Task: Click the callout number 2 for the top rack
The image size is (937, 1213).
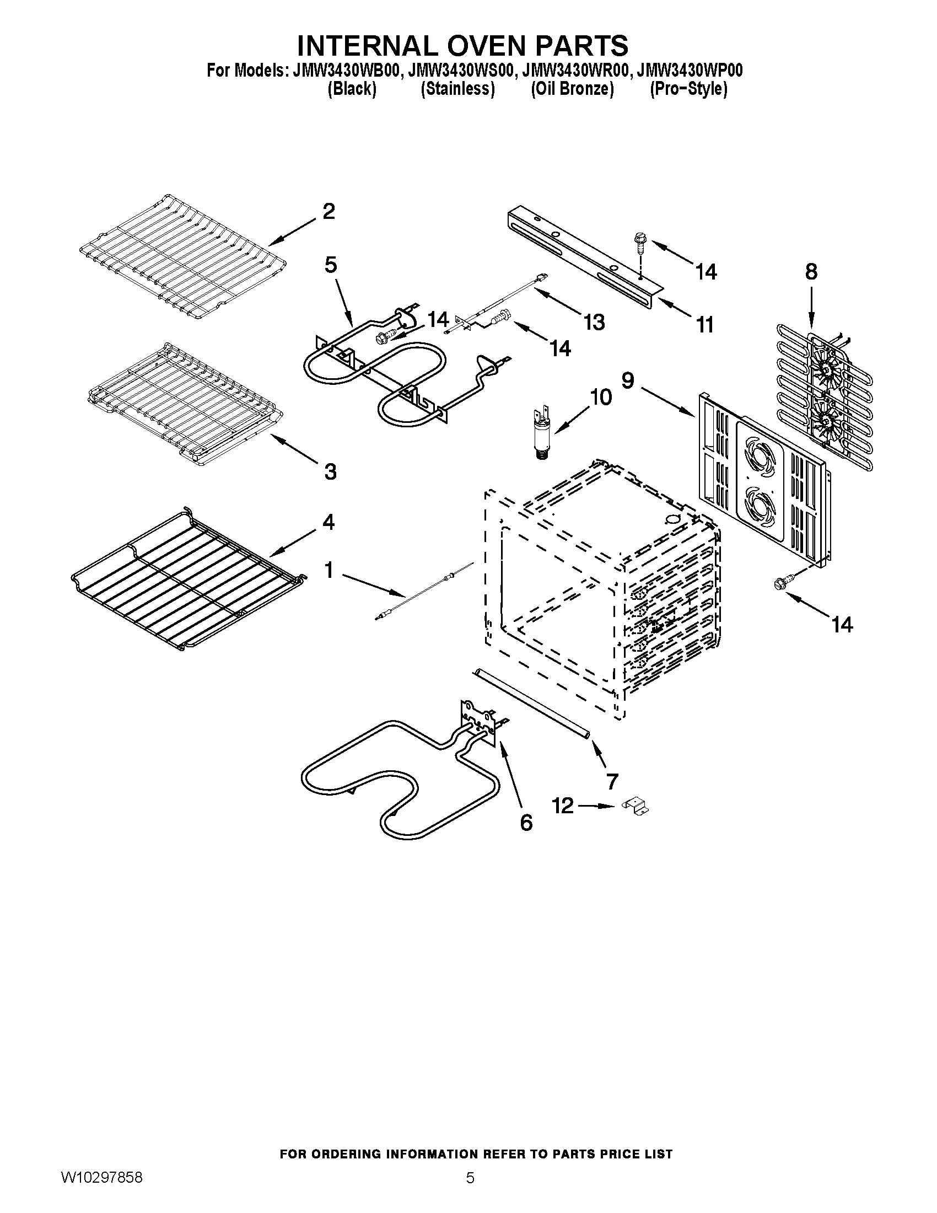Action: (x=329, y=212)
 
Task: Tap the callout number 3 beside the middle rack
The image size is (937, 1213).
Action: (x=330, y=471)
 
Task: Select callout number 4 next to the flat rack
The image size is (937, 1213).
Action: (x=329, y=522)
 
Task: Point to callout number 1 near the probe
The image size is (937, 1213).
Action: (x=329, y=570)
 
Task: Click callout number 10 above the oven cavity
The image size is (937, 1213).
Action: (x=600, y=397)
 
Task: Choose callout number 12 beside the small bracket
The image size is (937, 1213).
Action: (x=563, y=806)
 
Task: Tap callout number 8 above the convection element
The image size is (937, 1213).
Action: (x=811, y=272)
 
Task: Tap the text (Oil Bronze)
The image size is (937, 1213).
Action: (x=572, y=89)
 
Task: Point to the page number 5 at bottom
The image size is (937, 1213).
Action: (x=470, y=1191)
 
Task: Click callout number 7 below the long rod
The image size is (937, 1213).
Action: (x=612, y=781)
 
